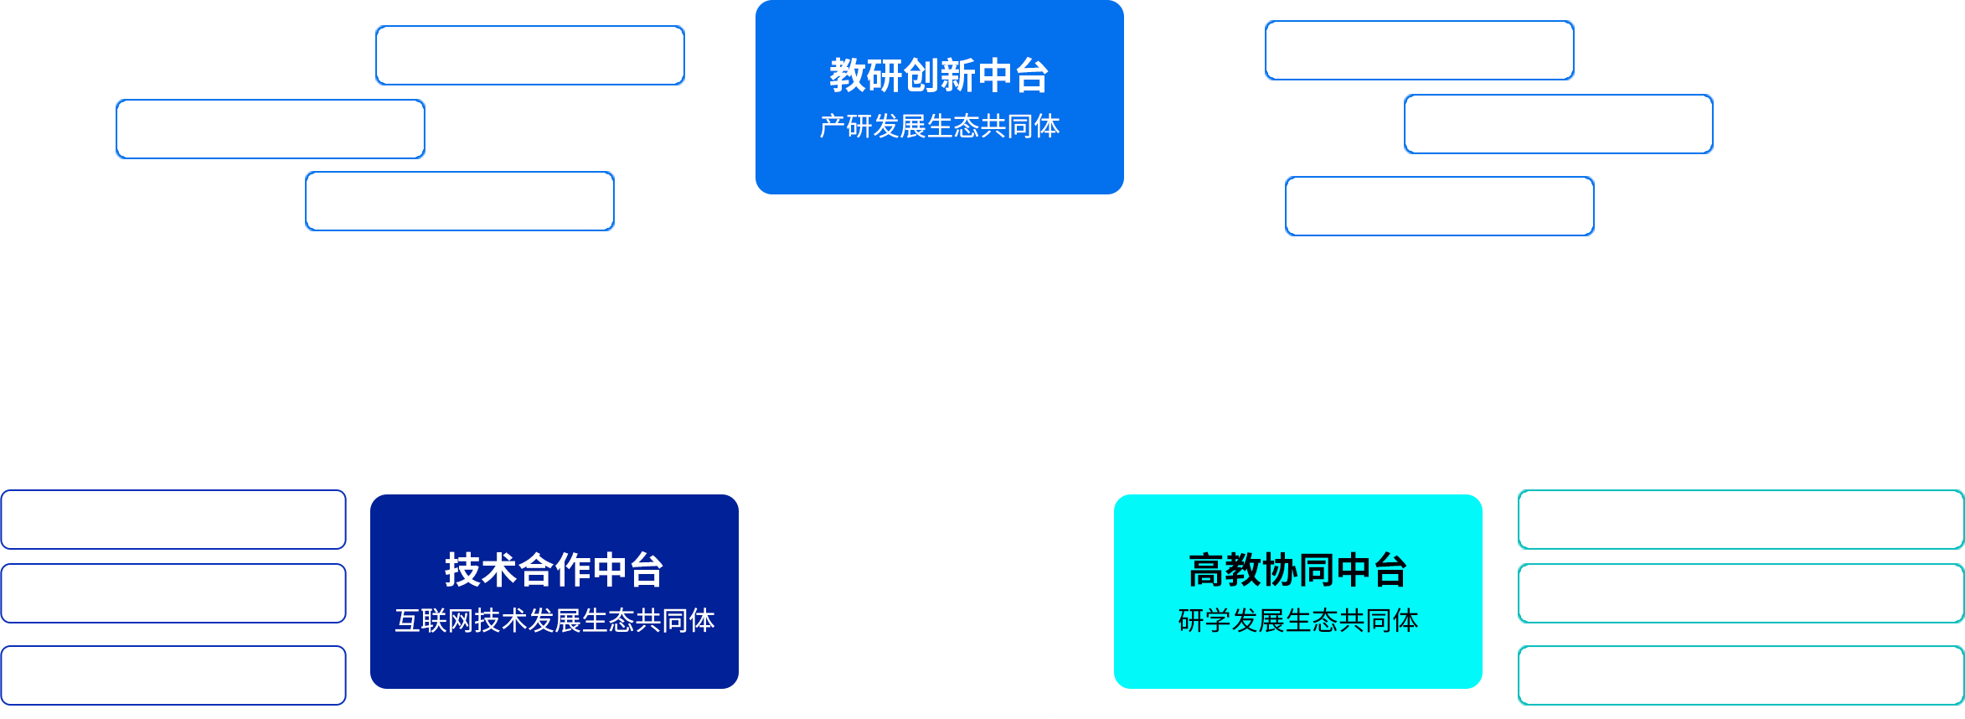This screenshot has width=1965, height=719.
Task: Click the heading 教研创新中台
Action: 939,75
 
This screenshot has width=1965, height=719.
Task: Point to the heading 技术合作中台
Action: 554,570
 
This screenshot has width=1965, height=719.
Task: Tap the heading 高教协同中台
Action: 1297,570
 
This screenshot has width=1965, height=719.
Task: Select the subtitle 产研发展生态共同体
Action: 939,126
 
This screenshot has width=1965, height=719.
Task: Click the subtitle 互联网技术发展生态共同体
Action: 554,620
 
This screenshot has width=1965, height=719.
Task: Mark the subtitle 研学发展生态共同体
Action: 1297,620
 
